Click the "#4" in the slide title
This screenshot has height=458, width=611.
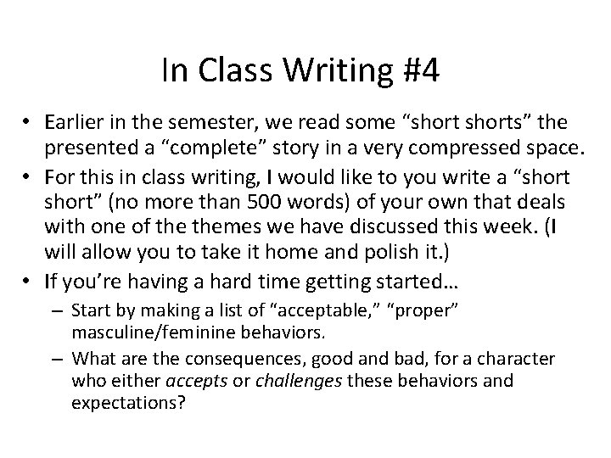(x=423, y=72)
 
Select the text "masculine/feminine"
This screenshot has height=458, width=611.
(x=156, y=329)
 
